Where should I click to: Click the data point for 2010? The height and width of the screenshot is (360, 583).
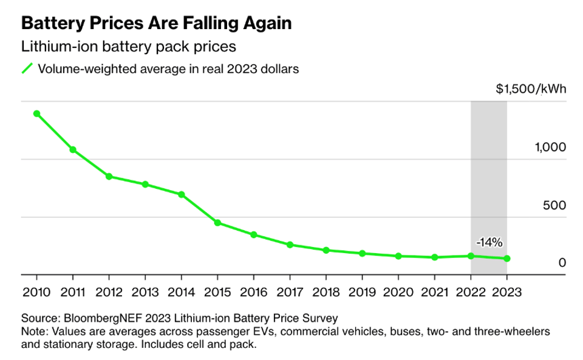point(36,114)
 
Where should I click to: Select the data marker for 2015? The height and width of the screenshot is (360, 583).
point(217,223)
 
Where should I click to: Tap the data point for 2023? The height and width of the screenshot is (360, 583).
point(507,259)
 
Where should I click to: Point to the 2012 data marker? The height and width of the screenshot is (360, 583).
point(109,176)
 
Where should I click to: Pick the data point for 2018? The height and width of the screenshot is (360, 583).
point(326,250)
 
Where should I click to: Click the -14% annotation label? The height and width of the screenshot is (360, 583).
point(489,242)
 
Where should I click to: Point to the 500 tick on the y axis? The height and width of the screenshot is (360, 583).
point(554,206)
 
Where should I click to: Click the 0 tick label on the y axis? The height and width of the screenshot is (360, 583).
point(562,263)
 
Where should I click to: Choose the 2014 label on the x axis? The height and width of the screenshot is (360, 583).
point(181,291)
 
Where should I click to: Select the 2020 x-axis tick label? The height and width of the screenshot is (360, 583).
point(398,291)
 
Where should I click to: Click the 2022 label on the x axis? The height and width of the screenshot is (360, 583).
point(471,291)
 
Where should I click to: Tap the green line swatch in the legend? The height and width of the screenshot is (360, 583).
point(27,69)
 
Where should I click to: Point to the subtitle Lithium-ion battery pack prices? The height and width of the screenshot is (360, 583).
point(128,47)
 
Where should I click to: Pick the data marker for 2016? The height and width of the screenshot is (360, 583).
point(254,234)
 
